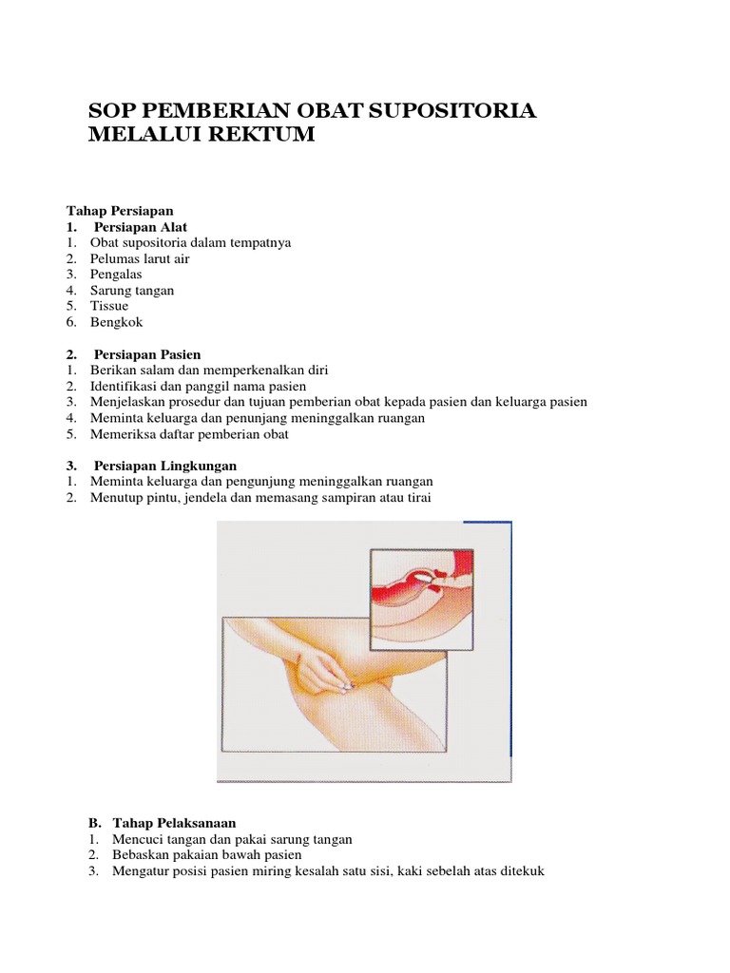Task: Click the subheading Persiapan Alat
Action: point(139,226)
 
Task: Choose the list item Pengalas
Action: point(116,275)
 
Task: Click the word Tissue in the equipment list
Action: point(109,306)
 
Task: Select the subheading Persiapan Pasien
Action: point(147,354)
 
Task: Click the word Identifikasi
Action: point(125,386)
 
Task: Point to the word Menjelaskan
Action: point(127,402)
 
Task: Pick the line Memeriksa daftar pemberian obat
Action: point(189,434)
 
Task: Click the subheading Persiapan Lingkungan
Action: point(164,466)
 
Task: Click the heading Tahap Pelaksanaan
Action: point(174,822)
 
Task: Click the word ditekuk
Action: point(520,870)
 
